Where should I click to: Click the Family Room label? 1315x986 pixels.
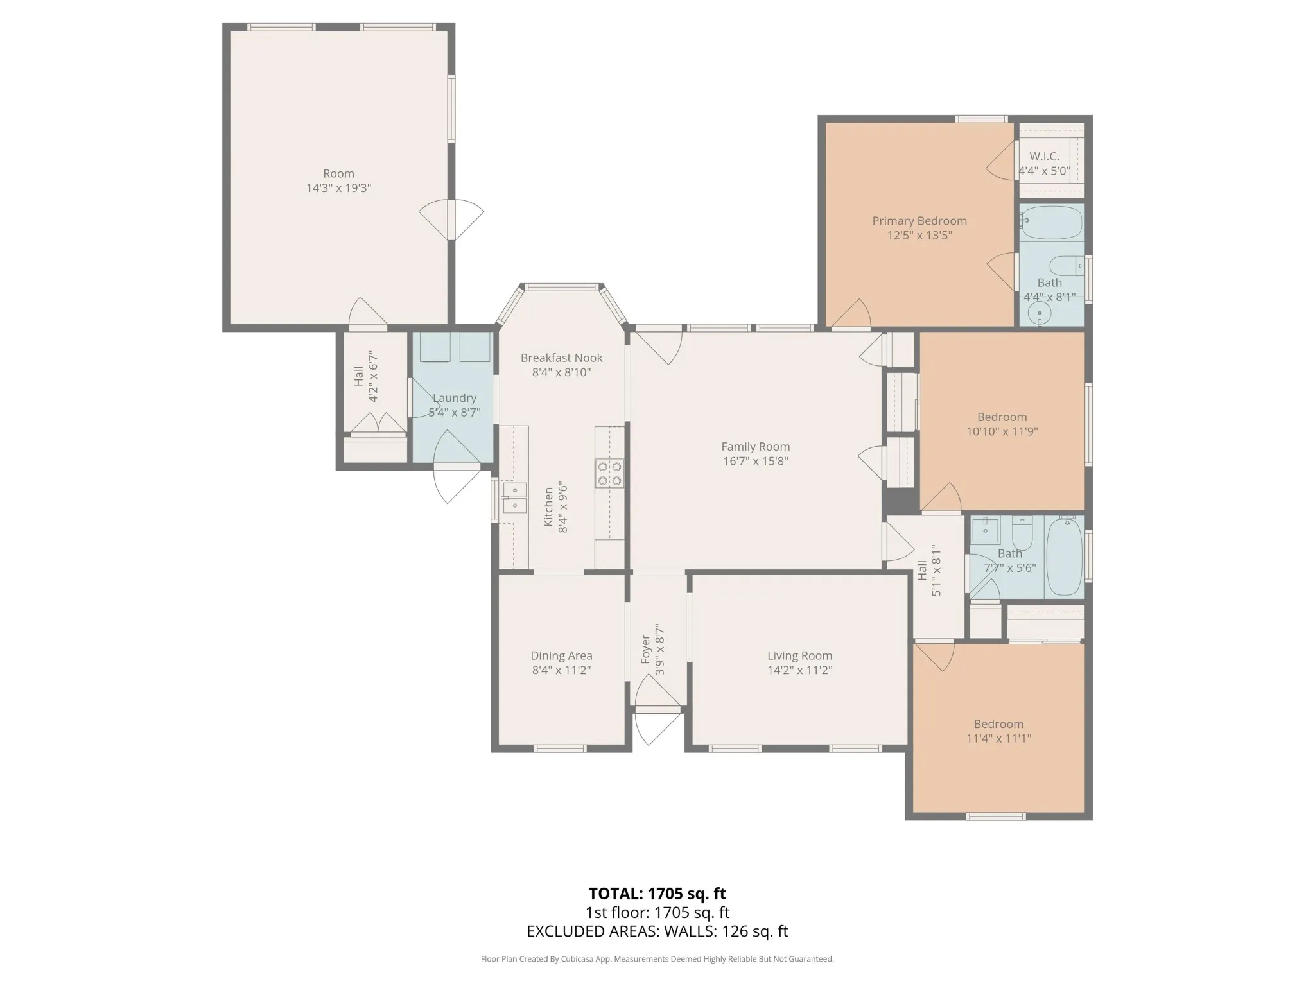755,446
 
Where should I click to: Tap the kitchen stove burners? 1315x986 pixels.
609,474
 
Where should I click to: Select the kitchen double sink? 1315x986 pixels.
514,497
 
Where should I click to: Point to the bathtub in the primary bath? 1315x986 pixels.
1051,222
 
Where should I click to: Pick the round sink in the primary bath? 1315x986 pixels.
1039,313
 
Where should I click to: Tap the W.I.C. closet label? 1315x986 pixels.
1044,156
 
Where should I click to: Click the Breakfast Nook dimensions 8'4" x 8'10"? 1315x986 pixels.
561,372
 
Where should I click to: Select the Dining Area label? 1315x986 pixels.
561,655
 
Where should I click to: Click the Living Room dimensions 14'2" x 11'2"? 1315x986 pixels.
799,670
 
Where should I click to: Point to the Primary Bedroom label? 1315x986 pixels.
919,221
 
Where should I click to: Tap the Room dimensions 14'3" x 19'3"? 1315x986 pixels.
338,188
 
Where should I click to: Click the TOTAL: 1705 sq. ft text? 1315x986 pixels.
657,894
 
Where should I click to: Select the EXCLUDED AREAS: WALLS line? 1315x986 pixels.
657,931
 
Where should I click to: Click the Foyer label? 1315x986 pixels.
645,650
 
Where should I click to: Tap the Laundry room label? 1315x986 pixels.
454,398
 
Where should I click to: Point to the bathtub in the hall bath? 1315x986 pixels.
1064,557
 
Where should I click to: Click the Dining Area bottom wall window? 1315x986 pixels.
560,748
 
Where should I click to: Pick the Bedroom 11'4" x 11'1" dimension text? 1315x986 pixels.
998,738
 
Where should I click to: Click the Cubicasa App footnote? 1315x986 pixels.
657,959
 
